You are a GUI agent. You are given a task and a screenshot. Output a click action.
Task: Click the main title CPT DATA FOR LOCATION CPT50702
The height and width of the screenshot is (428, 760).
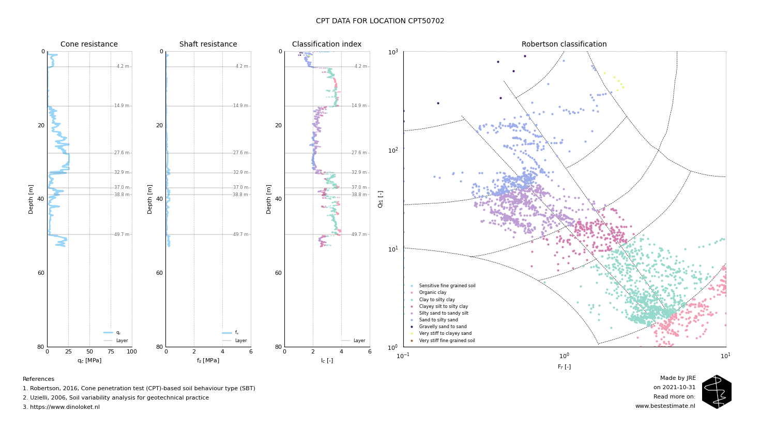[x=380, y=21]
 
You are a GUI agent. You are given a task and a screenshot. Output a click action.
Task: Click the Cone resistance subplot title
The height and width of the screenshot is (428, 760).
[x=89, y=45]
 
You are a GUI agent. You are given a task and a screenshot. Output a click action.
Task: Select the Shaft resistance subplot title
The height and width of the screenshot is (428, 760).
[x=208, y=45]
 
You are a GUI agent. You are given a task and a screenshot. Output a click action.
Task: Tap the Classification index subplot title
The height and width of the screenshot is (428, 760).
[x=327, y=45]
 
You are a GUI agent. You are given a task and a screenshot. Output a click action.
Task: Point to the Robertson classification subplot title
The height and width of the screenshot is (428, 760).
[x=564, y=45]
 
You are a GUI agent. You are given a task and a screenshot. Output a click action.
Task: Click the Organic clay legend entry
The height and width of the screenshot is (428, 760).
[x=432, y=293]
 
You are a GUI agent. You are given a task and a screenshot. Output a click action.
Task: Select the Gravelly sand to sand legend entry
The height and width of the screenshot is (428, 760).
[x=443, y=327]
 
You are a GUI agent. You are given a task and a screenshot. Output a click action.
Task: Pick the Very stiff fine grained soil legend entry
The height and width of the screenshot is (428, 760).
[x=447, y=341]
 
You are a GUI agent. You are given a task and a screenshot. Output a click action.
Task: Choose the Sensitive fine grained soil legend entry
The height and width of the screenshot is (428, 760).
[x=447, y=286]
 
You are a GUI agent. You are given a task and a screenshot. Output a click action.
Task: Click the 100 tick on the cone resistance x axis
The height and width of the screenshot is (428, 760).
[x=132, y=352]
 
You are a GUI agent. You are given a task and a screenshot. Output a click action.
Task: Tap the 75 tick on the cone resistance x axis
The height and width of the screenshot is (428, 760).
[x=111, y=352]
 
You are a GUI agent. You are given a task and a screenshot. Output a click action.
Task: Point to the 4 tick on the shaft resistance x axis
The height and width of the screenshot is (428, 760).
[x=222, y=352]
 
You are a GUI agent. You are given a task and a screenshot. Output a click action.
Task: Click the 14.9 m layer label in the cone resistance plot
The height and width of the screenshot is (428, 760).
[x=122, y=106]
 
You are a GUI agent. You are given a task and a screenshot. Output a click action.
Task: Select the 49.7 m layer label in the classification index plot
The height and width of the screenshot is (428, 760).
[x=359, y=234]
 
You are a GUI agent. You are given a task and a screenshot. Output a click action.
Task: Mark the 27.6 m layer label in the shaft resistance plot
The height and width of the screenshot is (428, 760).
[x=240, y=153]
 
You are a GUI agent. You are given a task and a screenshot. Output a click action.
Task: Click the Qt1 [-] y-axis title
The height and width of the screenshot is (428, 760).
[x=381, y=199]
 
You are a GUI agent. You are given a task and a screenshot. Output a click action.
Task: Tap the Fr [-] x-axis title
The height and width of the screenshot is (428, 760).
[x=564, y=367]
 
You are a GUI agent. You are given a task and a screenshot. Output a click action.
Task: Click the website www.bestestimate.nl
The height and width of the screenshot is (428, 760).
[x=665, y=406]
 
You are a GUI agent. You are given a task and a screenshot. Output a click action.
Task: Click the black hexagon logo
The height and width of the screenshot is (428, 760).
[x=717, y=392]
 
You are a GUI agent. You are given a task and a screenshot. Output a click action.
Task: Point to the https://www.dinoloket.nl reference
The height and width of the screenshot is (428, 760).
[x=61, y=407]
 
